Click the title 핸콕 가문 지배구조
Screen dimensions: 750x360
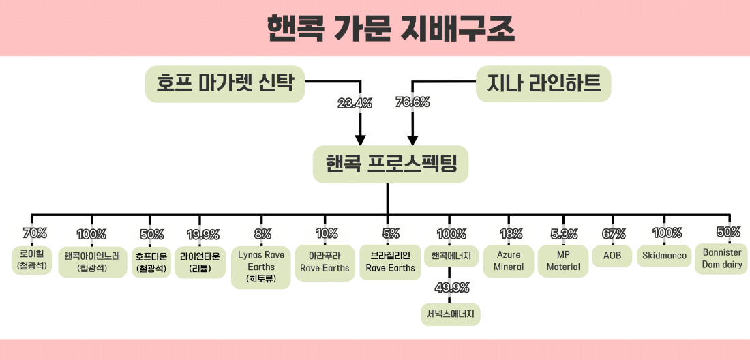[x=391, y=29]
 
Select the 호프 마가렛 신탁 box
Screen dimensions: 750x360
[x=225, y=84]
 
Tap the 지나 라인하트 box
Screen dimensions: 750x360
[x=543, y=84]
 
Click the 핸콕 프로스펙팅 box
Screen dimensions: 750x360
[x=390, y=164]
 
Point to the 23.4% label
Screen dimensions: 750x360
[x=355, y=103]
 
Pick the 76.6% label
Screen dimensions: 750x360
[x=412, y=102]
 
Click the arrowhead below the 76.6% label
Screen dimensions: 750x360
[x=412, y=140]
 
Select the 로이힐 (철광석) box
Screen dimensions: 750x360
[x=32, y=260]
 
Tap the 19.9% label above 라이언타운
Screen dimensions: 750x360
[x=203, y=235]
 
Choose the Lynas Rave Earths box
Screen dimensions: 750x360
[x=260, y=267]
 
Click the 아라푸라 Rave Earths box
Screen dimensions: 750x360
[x=325, y=262]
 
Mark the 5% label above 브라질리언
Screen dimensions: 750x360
[x=391, y=234]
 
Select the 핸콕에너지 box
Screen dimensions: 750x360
[x=451, y=256]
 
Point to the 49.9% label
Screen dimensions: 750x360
[x=451, y=288]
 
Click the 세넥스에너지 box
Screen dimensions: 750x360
[x=451, y=314]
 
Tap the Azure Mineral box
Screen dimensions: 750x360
[x=509, y=261]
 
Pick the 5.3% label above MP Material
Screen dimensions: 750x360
[x=563, y=235]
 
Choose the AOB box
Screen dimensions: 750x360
[x=612, y=256]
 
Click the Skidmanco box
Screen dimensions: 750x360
[x=664, y=256]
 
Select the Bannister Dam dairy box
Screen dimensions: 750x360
[x=722, y=258]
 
